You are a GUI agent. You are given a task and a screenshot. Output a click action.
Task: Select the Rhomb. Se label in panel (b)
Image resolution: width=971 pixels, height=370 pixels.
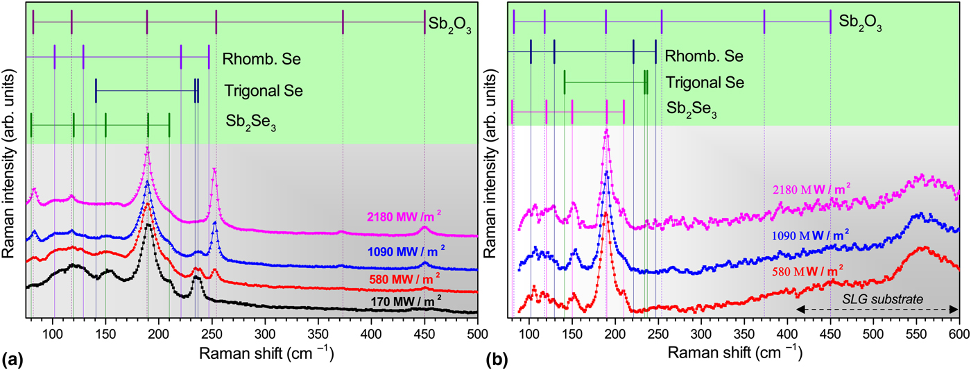(x=704, y=56)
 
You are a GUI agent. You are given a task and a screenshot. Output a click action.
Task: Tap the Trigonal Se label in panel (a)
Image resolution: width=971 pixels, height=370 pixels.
(x=264, y=90)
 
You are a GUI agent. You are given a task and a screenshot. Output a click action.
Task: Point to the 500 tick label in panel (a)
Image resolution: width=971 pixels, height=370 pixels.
(x=476, y=333)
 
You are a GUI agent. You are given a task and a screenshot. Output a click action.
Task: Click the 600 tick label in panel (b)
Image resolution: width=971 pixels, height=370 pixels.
(x=959, y=333)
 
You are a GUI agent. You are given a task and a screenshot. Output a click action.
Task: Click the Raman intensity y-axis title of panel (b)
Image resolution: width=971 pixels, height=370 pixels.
(x=494, y=174)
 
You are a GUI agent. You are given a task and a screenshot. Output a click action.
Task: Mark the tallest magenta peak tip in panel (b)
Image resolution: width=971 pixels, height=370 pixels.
(x=607, y=130)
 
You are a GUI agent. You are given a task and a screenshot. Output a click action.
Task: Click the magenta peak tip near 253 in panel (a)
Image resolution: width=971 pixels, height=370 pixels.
(x=214, y=169)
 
